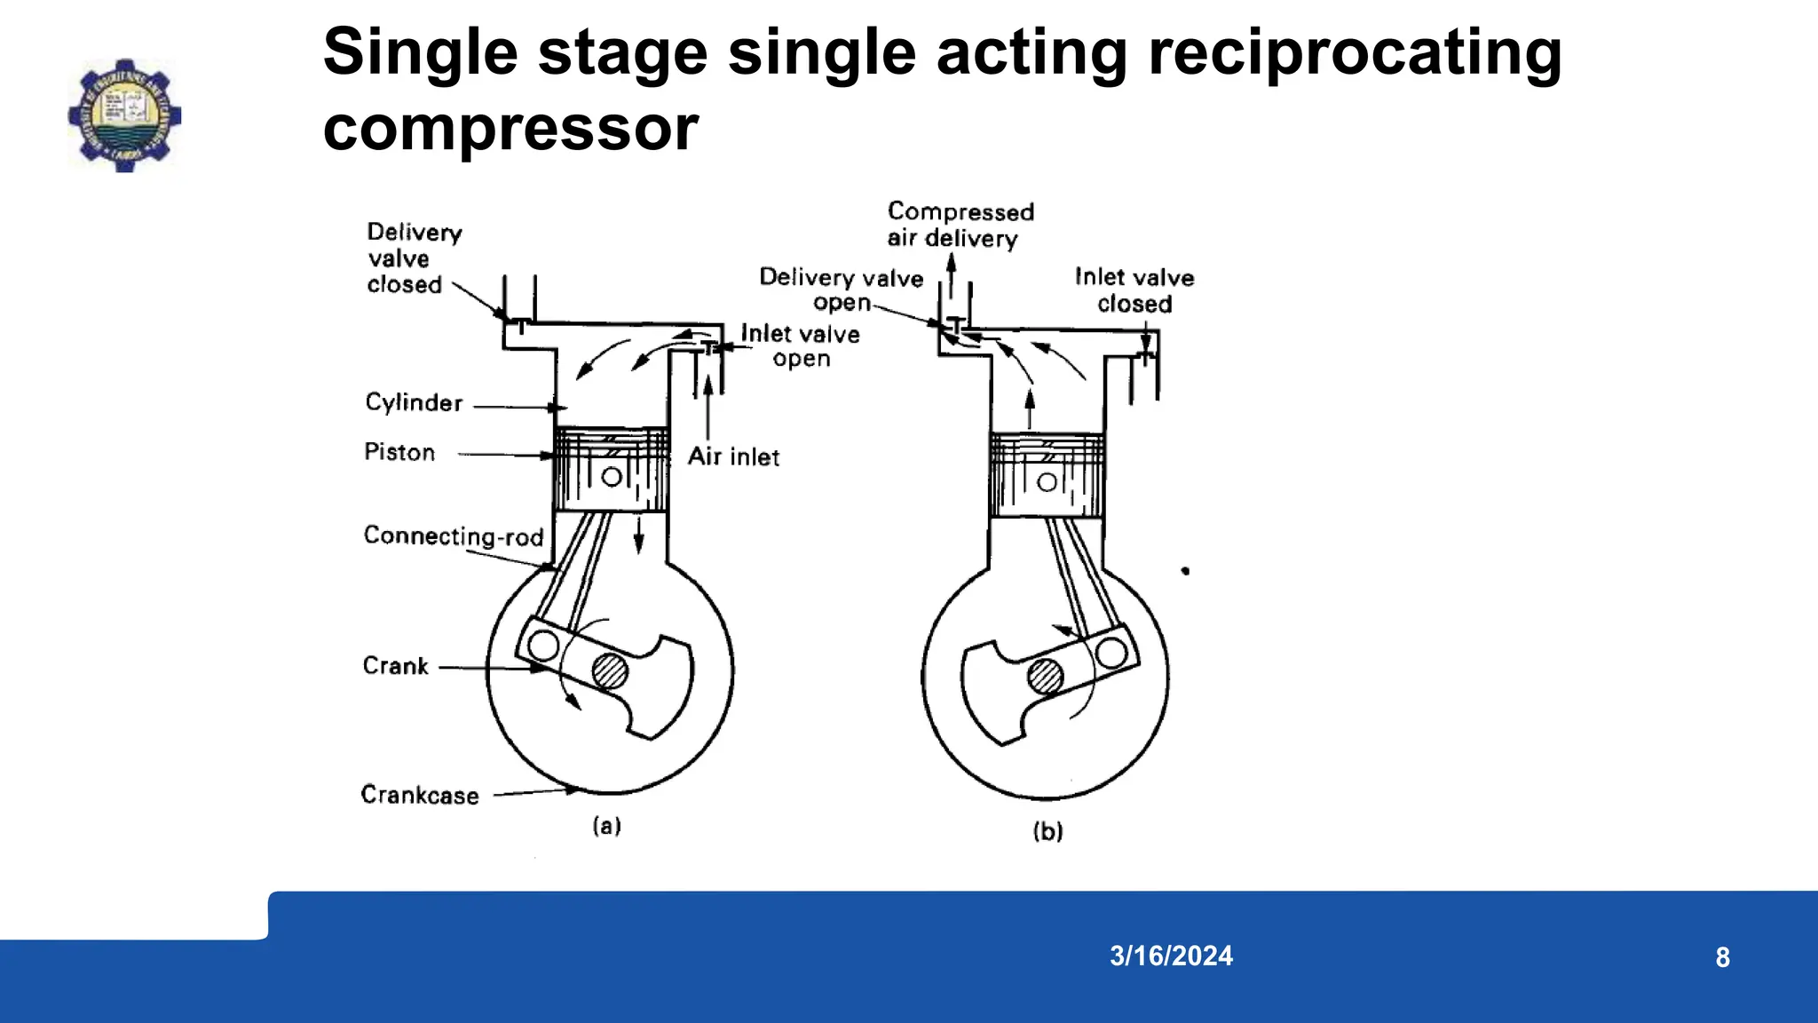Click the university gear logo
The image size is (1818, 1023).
(124, 115)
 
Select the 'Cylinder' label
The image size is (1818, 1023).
(414, 403)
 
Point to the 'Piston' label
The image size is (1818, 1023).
(399, 453)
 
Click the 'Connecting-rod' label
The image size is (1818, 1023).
(453, 536)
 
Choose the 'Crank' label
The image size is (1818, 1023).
(395, 666)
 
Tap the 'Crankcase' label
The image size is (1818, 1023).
(419, 795)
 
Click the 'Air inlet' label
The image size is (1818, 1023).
(733, 456)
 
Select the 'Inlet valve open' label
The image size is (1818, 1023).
(800, 346)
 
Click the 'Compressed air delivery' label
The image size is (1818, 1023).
(960, 225)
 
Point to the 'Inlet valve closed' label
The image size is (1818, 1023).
(1134, 290)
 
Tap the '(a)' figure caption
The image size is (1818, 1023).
(607, 826)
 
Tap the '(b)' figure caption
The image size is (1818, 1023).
(1047, 831)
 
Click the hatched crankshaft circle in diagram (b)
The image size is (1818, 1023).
(1045, 677)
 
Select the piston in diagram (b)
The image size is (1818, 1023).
(1047, 475)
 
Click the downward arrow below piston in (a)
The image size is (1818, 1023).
(638, 535)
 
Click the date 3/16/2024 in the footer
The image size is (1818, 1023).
(1171, 956)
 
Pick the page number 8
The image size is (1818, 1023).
(1722, 957)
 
